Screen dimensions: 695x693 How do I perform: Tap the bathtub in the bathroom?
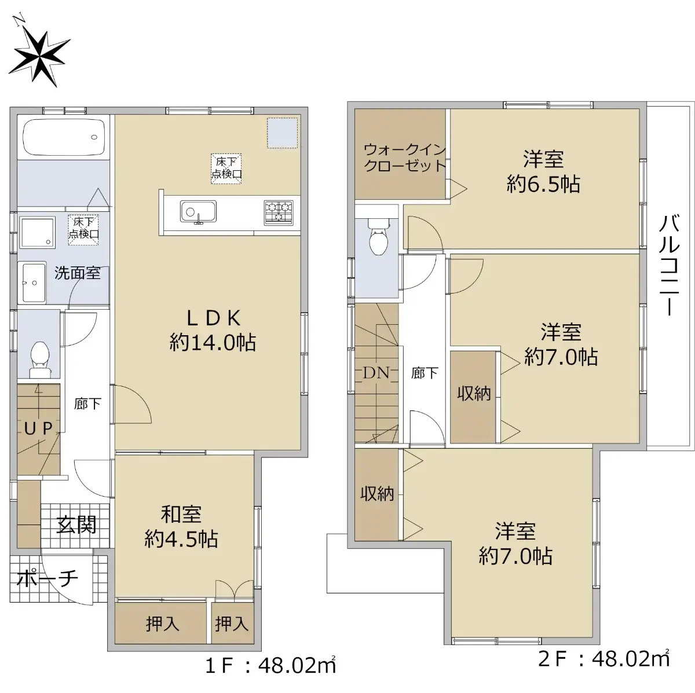pyautogui.click(x=64, y=137)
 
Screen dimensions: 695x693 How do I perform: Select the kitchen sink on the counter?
pyautogui.click(x=199, y=212)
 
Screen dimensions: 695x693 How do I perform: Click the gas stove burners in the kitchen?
pyautogui.click(x=279, y=212)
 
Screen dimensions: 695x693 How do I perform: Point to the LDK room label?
pyautogui.click(x=213, y=331)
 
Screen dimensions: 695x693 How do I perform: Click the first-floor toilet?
pyautogui.click(x=40, y=359)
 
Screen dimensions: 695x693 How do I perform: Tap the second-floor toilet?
pyautogui.click(x=378, y=237)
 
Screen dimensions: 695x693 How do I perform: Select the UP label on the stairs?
pyautogui.click(x=39, y=428)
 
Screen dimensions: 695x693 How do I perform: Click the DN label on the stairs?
pyautogui.click(x=376, y=373)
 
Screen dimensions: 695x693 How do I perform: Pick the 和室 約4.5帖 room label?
pyautogui.click(x=181, y=527)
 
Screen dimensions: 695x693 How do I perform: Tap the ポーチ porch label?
pyautogui.click(x=47, y=580)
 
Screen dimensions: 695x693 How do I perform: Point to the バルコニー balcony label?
pyautogui.click(x=670, y=265)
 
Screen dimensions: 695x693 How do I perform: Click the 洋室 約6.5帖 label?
pyautogui.click(x=543, y=172)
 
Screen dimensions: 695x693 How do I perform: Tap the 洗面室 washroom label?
pyautogui.click(x=78, y=273)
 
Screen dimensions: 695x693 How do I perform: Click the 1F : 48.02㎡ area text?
pyautogui.click(x=270, y=666)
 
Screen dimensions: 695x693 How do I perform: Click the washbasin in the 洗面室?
pyautogui.click(x=34, y=283)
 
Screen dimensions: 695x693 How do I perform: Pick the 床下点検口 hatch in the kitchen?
pyautogui.click(x=226, y=169)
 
